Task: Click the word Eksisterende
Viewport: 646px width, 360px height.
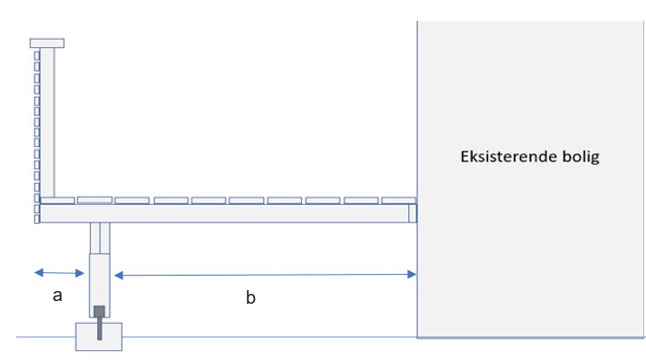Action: tap(509, 157)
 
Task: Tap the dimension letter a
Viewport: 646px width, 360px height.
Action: tap(58, 296)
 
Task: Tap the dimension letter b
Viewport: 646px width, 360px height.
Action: tap(250, 297)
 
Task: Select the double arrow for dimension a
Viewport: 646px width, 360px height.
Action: tap(59, 273)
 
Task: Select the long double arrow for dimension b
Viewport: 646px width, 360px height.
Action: tap(265, 275)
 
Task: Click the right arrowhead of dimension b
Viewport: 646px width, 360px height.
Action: tap(412, 275)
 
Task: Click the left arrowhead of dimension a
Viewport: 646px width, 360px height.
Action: tap(39, 272)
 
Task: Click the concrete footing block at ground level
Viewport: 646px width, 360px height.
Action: tap(99, 336)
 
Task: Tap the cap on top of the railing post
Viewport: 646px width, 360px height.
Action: tap(47, 44)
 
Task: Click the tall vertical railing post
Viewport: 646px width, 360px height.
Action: tap(47, 122)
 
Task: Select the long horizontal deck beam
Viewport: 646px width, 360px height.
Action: tap(224, 213)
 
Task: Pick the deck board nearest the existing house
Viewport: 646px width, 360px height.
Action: tap(398, 200)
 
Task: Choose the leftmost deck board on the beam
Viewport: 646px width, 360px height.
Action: tap(58, 200)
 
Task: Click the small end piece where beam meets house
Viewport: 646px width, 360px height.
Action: tap(413, 213)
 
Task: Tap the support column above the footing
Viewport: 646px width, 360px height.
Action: tap(100, 286)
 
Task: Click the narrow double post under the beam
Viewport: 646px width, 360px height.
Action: tap(100, 238)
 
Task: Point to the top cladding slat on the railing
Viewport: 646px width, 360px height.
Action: tap(36, 55)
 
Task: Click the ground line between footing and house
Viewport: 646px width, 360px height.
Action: tap(269, 337)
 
